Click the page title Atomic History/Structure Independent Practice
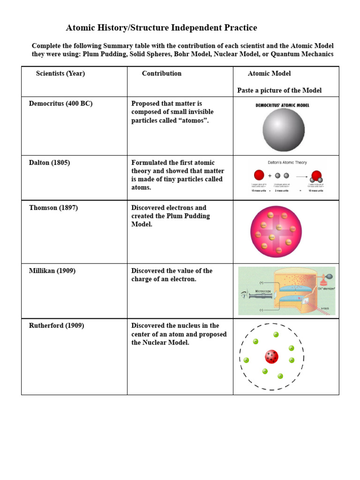[161, 28]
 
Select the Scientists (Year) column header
[60, 74]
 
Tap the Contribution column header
[162, 74]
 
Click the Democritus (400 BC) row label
[60, 104]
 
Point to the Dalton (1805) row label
[49, 163]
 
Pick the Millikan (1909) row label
[52, 271]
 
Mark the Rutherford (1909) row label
[56, 326]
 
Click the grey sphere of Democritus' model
[283, 129]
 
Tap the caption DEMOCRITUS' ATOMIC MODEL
[282, 105]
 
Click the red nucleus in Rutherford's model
[271, 357]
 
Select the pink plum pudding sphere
[274, 232]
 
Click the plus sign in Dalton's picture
[270, 176]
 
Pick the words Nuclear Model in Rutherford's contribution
[166, 343]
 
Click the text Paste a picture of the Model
[279, 90]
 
